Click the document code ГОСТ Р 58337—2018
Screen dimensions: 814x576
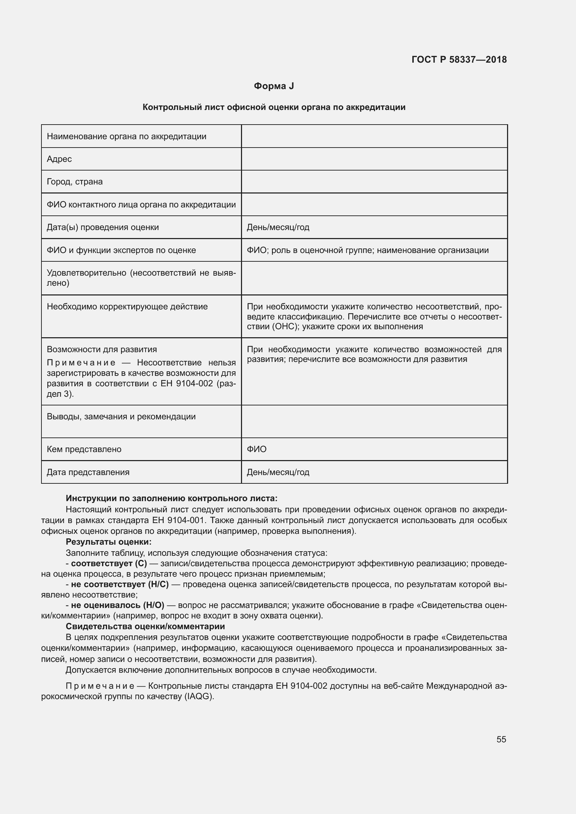[459, 60]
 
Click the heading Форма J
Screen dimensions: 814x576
[274, 86]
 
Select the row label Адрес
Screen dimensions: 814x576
[59, 159]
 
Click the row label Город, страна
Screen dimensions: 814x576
[75, 182]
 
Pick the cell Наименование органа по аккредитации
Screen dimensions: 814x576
[127, 136]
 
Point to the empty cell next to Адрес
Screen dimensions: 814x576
[374, 159]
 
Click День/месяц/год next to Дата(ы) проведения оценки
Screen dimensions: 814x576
[278, 227]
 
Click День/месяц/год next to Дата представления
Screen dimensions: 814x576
[278, 472]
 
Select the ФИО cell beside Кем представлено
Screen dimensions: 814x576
[256, 449]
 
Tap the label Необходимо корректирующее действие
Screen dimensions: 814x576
[127, 307]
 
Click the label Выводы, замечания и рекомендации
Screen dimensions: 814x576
[121, 417]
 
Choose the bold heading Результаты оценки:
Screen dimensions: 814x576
[109, 542]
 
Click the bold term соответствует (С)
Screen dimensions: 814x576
[109, 563]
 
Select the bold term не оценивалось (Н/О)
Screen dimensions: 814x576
[117, 605]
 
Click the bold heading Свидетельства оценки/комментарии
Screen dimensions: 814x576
[146, 626]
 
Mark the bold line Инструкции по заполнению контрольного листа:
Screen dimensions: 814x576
[172, 498]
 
